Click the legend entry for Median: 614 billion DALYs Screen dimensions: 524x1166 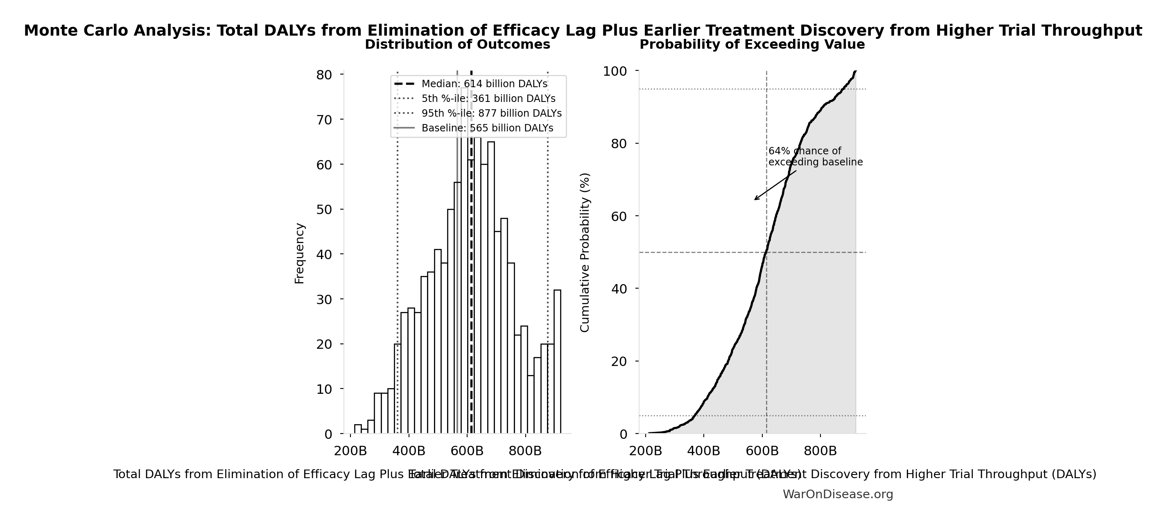[484, 84]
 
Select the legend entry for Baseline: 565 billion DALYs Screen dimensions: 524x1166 [487, 128]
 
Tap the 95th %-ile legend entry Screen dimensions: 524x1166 [491, 113]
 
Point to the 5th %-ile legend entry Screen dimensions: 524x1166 [488, 99]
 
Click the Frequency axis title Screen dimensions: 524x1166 [300, 253]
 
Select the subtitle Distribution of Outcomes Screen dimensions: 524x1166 [457, 44]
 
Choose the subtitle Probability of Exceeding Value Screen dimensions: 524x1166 [752, 44]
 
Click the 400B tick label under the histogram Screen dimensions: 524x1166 [409, 451]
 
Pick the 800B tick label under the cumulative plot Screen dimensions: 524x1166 [820, 451]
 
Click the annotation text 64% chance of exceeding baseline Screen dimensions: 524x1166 [815, 156]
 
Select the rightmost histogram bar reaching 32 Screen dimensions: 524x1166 [557, 362]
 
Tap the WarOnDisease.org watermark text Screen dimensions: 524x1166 [838, 494]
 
